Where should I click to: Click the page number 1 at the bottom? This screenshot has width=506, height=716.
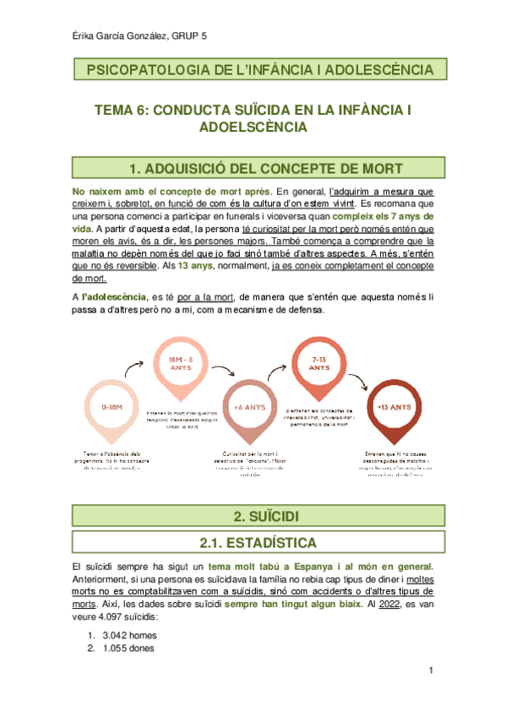point(431,671)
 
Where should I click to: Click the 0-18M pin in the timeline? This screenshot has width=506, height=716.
point(112,408)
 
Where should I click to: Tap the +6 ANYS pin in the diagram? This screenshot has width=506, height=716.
point(250,408)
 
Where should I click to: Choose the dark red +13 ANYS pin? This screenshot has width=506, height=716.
point(394,408)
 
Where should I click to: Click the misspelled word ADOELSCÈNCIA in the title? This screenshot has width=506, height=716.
point(252,127)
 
